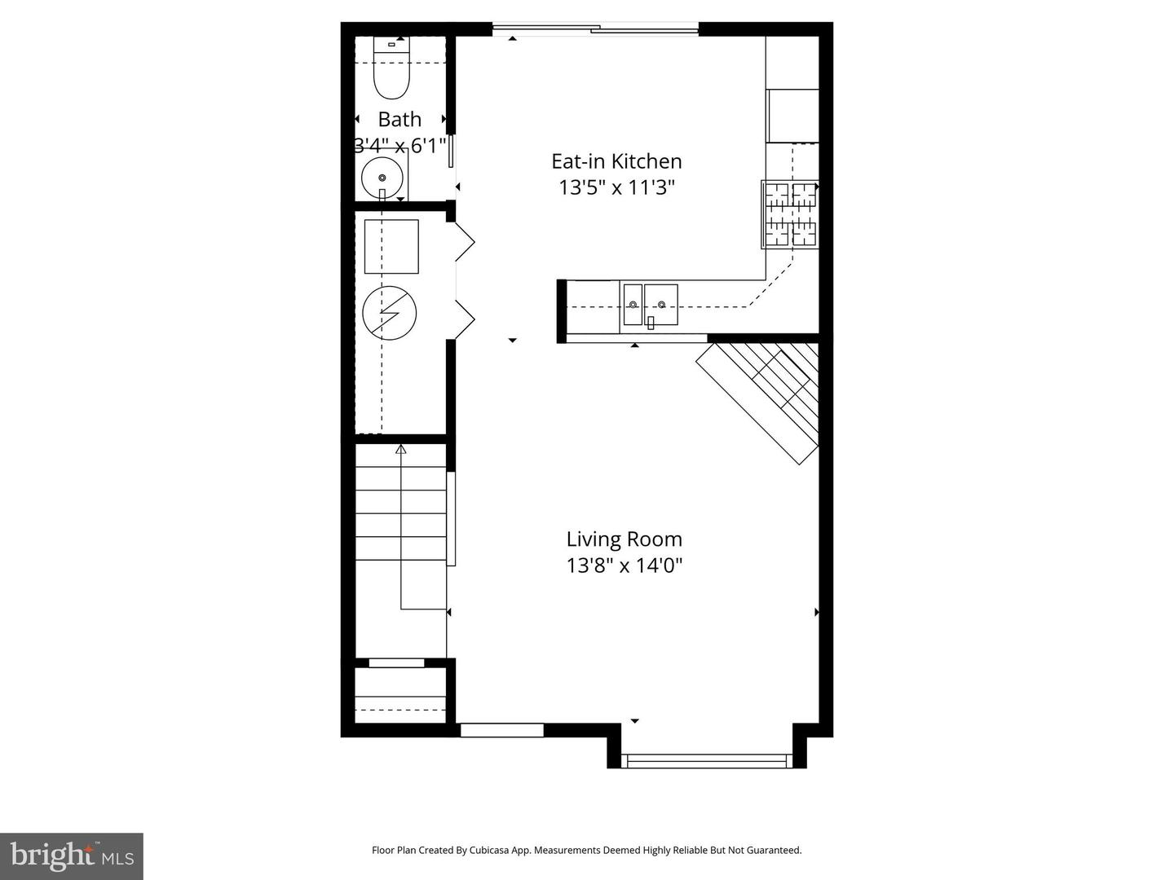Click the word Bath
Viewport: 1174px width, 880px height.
point(399,120)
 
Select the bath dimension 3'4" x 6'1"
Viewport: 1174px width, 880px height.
point(399,146)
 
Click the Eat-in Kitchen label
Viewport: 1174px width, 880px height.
point(616,161)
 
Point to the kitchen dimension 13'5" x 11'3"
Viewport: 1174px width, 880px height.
point(616,188)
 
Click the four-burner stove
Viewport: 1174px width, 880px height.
point(789,214)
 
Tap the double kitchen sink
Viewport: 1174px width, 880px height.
point(650,305)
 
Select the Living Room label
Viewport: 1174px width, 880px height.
point(624,539)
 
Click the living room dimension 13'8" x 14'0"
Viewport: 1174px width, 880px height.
point(624,565)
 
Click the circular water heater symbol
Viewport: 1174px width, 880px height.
point(390,313)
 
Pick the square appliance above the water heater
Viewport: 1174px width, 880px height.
point(391,246)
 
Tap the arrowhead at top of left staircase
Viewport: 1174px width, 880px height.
point(400,449)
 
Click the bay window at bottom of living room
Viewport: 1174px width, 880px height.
point(706,761)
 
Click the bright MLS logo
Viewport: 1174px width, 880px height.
point(72,856)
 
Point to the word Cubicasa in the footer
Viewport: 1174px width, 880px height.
point(489,850)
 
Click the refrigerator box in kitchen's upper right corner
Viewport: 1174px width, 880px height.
point(792,115)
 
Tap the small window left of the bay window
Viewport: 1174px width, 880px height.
point(501,730)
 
